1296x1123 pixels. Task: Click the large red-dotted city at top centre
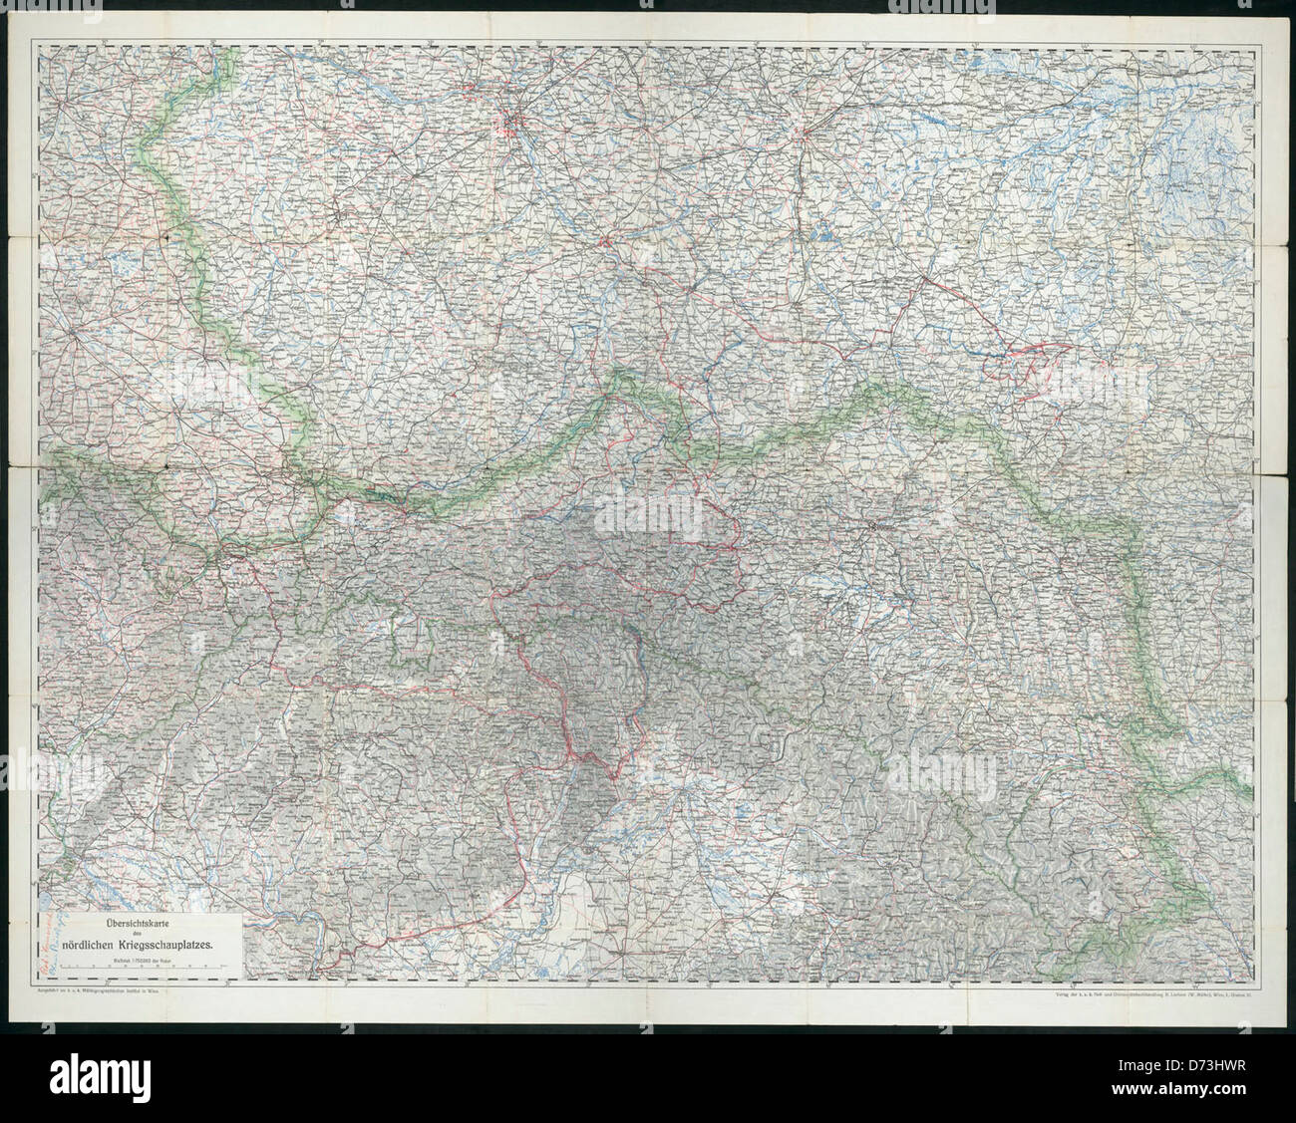(x=511, y=124)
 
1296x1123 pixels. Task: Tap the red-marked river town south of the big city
(x=606, y=240)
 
